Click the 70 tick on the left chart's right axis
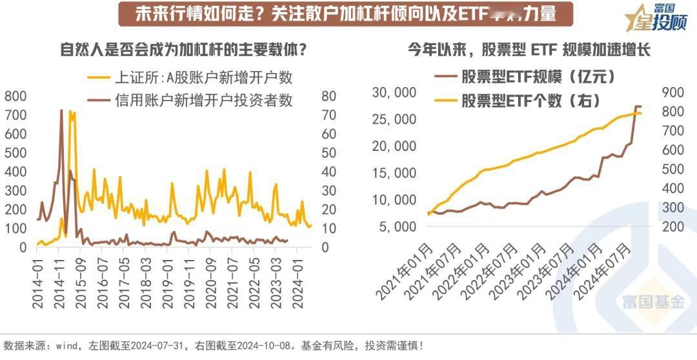tap(329, 115)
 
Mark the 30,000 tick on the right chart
tap(395, 93)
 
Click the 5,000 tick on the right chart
tap(398, 226)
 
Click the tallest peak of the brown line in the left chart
tap(62, 111)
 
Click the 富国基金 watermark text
tap(653, 303)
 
